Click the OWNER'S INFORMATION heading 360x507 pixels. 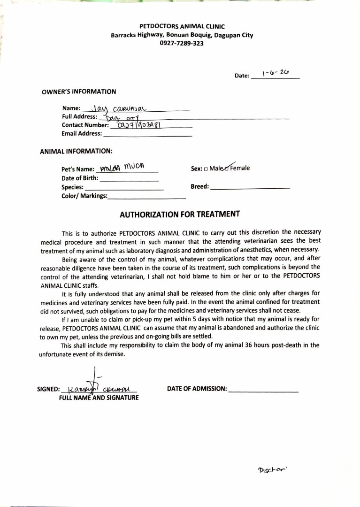point(79,92)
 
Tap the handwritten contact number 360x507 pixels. point(137,125)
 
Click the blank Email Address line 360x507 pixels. point(147,134)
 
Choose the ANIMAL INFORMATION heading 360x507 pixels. point(76,151)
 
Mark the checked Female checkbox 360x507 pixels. point(228,168)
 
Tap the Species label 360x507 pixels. point(72,187)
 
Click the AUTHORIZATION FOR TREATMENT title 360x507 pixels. point(180,215)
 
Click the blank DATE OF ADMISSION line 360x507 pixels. point(263,390)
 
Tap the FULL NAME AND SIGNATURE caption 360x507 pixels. point(99,398)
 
